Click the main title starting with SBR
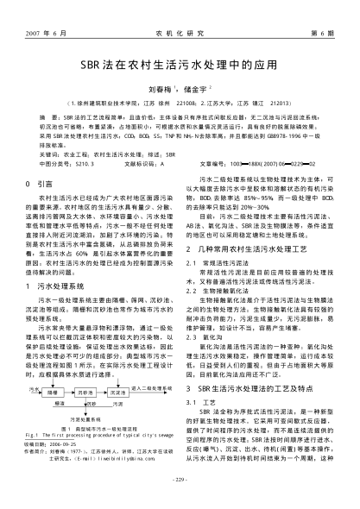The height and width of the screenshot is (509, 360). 180,65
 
